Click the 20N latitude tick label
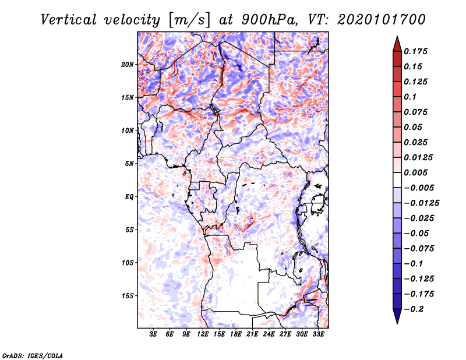(128, 64)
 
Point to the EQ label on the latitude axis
(129, 197)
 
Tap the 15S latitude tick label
(128, 296)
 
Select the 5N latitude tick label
(129, 164)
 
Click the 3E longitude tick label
(154, 334)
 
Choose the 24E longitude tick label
(269, 334)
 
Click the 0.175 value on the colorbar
(416, 51)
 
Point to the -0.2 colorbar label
(415, 309)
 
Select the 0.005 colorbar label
(416, 172)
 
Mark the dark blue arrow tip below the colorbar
(396, 317)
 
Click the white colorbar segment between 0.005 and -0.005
(396, 180)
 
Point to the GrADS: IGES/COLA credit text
(32, 355)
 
